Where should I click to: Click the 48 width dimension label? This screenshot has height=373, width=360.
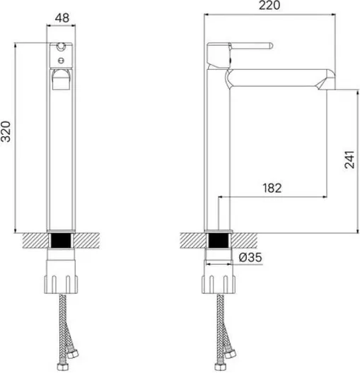pyautogui.click(x=62, y=18)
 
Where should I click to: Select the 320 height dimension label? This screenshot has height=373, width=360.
pyautogui.click(x=6, y=131)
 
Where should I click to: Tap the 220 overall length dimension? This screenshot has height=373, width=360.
pyautogui.click(x=269, y=5)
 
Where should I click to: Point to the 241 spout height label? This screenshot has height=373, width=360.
pyautogui.click(x=349, y=160)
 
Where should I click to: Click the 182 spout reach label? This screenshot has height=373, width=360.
pyautogui.click(x=272, y=188)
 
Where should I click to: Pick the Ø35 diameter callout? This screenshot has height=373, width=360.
pyautogui.click(x=250, y=257)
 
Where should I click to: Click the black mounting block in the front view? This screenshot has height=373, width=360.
pyautogui.click(x=62, y=240)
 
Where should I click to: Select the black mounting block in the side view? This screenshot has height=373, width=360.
pyautogui.click(x=219, y=240)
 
